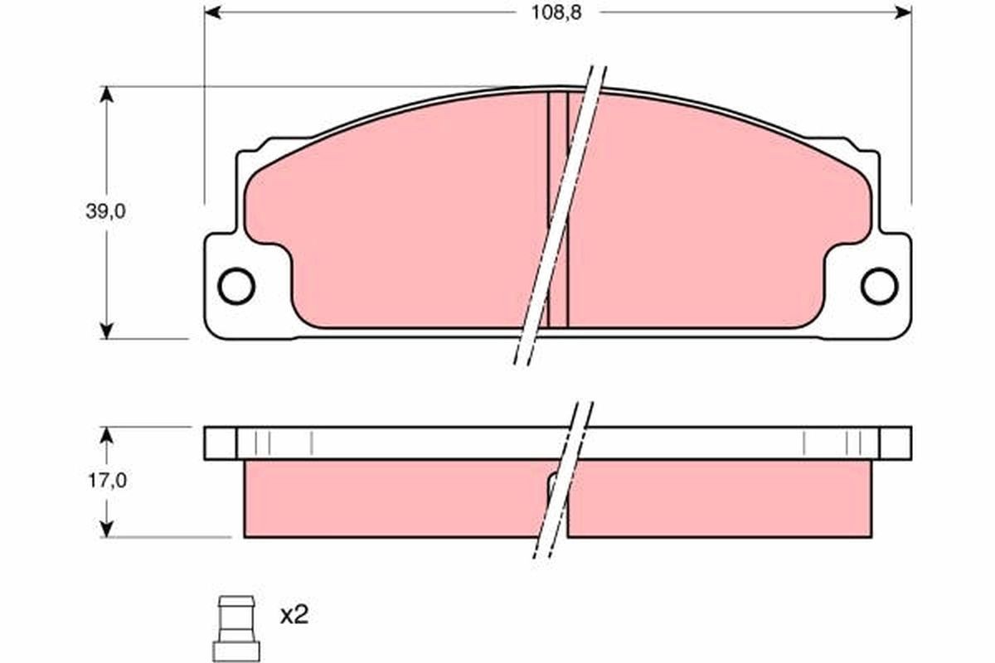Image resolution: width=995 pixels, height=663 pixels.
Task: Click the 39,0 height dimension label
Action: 105,211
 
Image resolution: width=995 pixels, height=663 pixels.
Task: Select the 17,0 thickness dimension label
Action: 105,481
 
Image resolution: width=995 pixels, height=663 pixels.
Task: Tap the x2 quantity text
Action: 294,615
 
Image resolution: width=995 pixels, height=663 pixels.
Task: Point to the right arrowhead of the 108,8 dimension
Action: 903,12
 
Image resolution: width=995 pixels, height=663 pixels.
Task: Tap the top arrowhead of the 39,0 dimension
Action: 105,94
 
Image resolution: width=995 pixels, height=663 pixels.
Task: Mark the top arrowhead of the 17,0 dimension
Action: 105,435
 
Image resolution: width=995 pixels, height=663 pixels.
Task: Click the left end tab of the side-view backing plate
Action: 220,443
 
